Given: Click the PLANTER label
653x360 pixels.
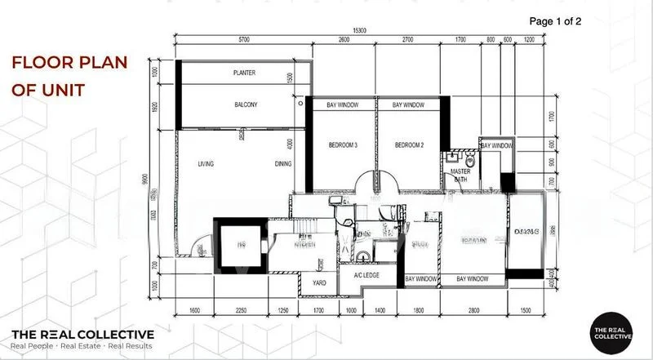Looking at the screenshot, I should click(244, 73).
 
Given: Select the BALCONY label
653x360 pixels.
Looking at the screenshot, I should click(246, 104).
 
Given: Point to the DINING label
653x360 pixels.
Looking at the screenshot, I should click(283, 164).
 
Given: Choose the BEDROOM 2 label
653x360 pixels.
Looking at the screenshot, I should click(408, 145).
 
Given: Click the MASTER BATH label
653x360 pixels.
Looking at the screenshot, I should click(459, 174).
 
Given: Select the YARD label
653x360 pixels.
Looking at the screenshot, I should click(320, 283).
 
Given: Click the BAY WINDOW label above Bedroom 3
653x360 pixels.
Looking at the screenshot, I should click(341, 105).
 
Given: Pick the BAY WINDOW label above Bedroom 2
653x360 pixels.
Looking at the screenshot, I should click(408, 105).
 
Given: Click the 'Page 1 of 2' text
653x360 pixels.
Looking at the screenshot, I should click(555, 20).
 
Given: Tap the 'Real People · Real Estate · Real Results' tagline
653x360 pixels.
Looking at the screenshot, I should click(82, 346).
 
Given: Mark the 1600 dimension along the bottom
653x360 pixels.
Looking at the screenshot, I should click(194, 311).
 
